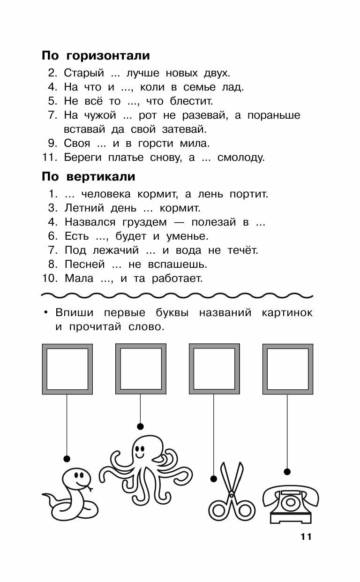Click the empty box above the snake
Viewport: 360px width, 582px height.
click(x=67, y=369)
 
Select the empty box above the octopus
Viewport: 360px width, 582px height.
click(x=140, y=369)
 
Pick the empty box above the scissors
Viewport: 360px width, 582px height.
click(x=214, y=369)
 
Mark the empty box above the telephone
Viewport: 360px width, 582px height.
click(x=287, y=369)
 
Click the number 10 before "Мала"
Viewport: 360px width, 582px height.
click(x=49, y=279)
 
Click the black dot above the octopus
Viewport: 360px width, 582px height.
click(x=140, y=426)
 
